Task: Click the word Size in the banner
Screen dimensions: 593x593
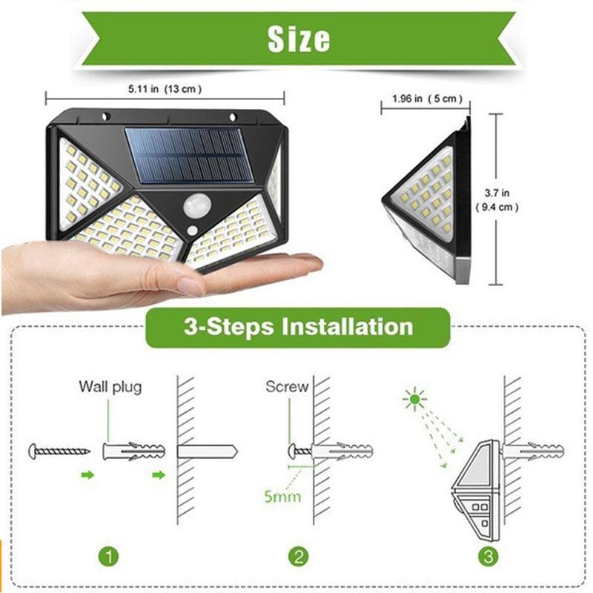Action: [298, 38]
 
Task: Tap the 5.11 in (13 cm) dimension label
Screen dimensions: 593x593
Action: [165, 89]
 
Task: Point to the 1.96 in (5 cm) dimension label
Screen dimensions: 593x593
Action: [427, 99]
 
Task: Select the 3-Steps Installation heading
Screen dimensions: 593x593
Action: [298, 326]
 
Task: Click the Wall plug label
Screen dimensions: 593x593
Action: [110, 386]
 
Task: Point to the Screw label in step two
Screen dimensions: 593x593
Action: [287, 386]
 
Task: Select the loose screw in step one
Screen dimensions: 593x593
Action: [59, 450]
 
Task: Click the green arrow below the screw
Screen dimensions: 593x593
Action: [87, 474]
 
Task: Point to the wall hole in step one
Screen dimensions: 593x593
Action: [207, 451]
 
